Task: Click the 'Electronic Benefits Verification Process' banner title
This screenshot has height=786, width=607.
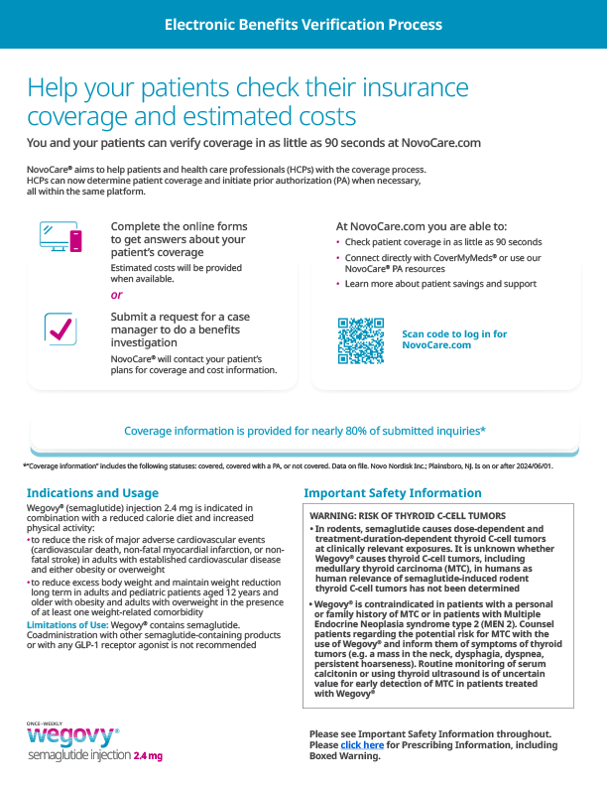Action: coord(303,25)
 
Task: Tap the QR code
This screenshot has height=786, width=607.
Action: coord(361,340)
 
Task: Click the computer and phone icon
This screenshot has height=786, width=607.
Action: coord(61,237)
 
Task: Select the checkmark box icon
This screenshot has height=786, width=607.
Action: coord(61,328)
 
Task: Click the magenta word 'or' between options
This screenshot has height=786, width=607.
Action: coord(117,295)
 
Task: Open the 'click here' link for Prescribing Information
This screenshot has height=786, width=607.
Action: coord(362,744)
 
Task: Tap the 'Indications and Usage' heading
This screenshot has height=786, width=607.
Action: coord(92,493)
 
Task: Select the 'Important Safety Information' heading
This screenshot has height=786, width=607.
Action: coord(393,493)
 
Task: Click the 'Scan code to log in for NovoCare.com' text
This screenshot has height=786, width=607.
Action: coord(454,340)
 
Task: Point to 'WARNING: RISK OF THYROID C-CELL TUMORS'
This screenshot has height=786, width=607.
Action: coord(408,516)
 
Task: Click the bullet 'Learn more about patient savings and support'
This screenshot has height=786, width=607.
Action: coord(440,284)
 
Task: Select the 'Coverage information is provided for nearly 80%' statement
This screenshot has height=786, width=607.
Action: coord(303,431)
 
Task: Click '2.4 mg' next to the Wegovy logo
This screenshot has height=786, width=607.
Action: coord(147,756)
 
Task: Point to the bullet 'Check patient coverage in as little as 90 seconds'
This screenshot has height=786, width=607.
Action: coord(443,242)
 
